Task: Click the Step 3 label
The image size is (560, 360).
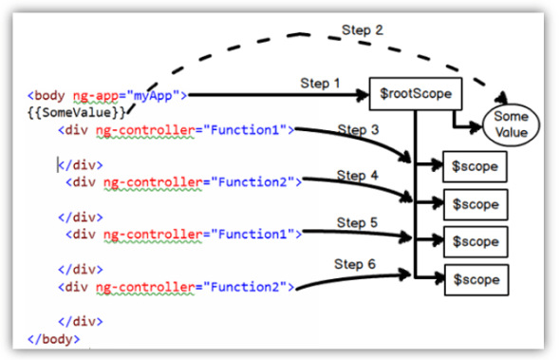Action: (358, 129)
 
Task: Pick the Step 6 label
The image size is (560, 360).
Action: (355, 262)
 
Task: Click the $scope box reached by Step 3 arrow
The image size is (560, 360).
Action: (476, 166)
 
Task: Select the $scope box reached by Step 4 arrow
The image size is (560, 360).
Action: (476, 202)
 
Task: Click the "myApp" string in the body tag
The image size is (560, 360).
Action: (160, 95)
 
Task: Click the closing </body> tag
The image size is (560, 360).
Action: (54, 337)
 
